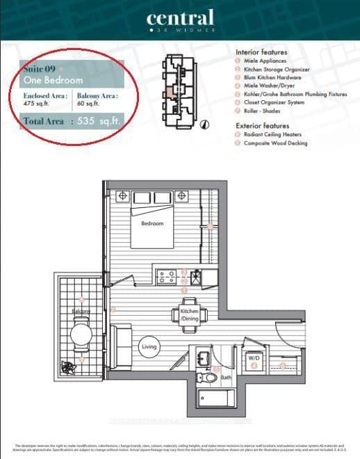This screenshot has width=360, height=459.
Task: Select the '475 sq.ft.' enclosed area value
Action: tap(35, 104)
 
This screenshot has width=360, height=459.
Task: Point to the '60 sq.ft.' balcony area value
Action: tap(88, 104)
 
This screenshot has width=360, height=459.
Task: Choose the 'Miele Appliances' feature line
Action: tap(268, 62)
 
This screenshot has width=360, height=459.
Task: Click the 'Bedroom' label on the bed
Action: tap(152, 223)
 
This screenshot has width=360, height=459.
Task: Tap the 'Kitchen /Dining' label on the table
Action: tap(190, 314)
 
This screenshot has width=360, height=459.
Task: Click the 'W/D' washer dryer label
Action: tap(254, 358)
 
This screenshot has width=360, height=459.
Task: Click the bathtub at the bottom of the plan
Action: tap(215, 400)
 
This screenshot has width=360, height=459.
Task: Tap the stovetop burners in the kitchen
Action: tap(167, 276)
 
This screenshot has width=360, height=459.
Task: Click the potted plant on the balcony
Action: tap(68, 367)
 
